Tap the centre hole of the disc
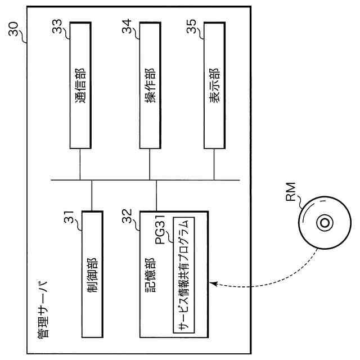point(325,223)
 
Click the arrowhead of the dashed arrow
point(212,283)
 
